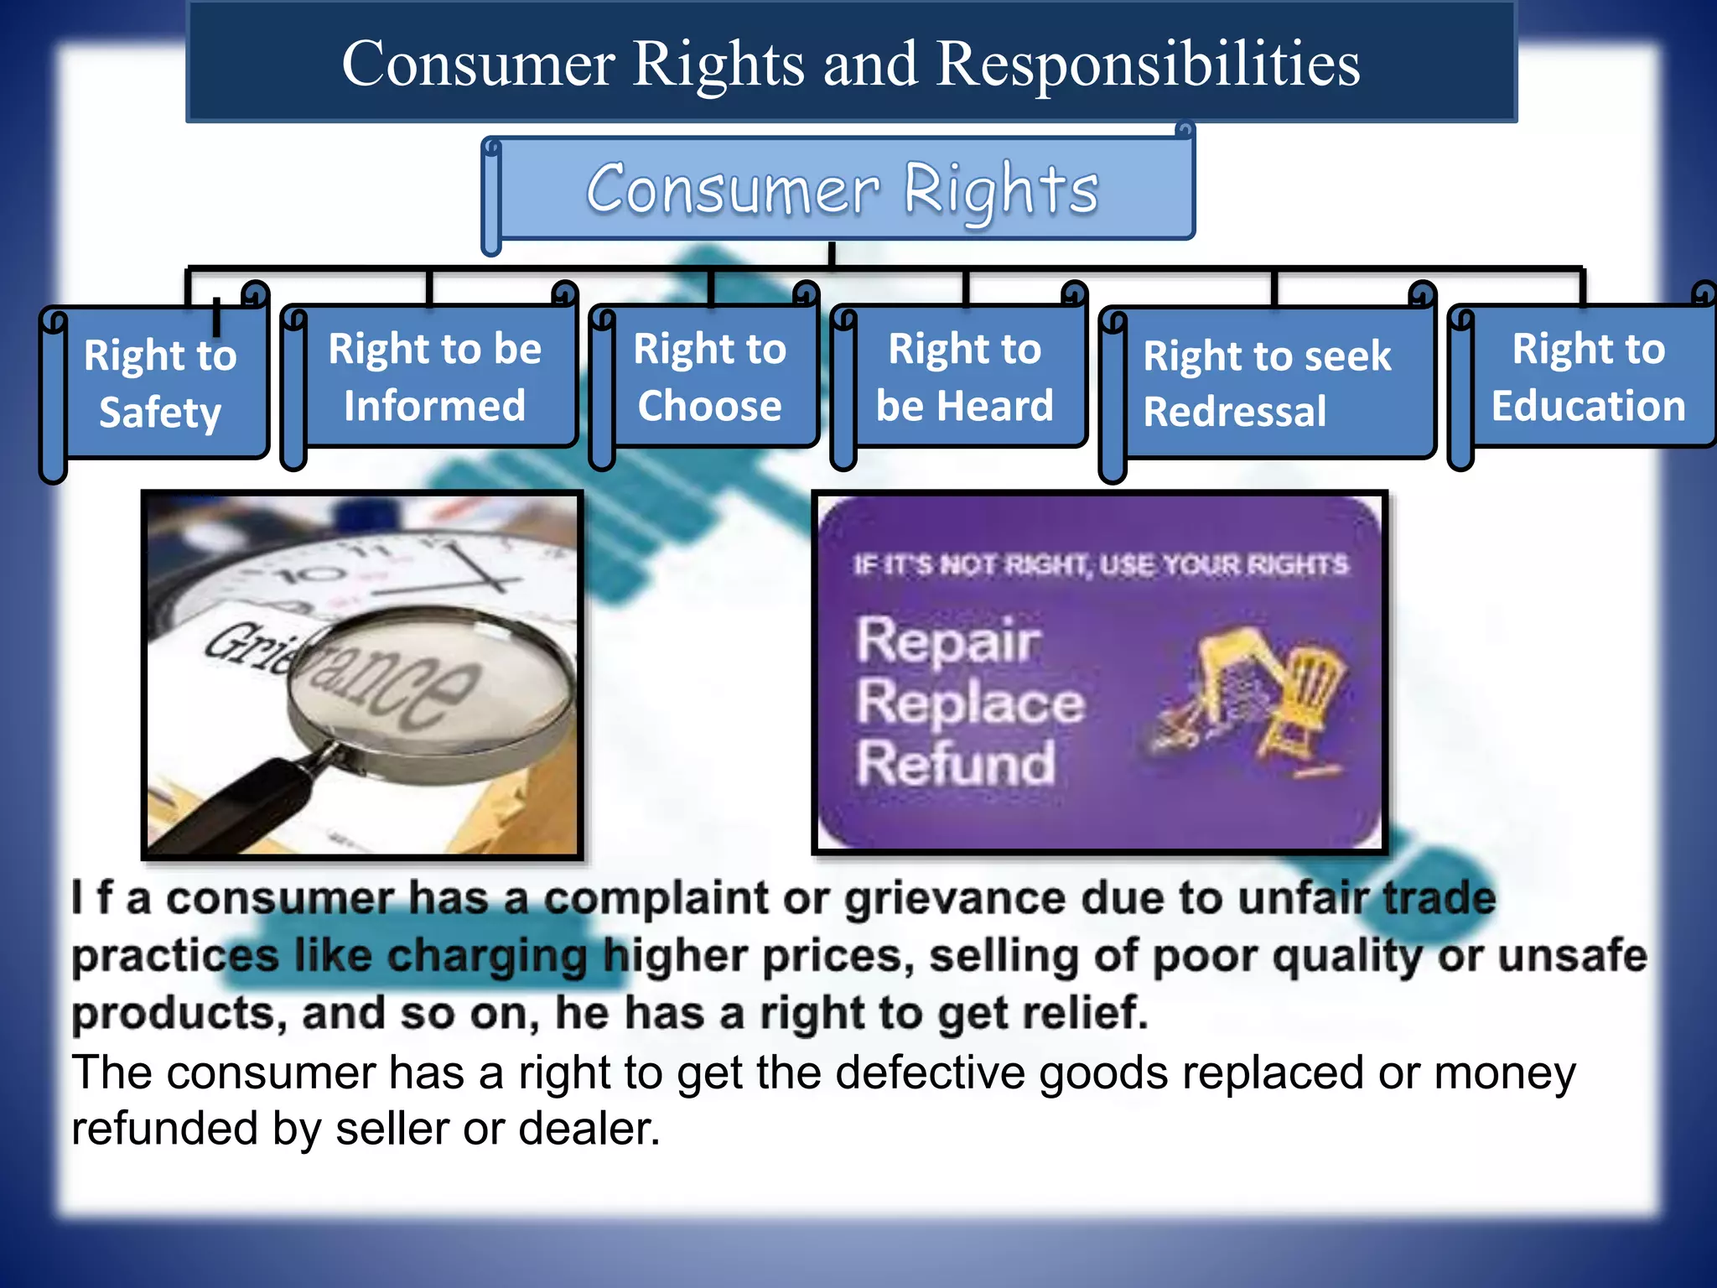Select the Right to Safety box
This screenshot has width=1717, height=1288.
pyautogui.click(x=160, y=383)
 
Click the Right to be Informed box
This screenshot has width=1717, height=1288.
pyautogui.click(x=434, y=377)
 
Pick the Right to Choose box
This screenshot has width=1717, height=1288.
pyautogui.click(x=709, y=377)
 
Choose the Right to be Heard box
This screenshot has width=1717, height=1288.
pyautogui.click(x=964, y=377)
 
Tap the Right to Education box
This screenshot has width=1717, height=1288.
pyautogui.click(x=1588, y=377)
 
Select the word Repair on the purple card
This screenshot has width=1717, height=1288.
pyautogui.click(x=947, y=641)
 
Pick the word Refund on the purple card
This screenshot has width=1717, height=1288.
pyautogui.click(x=955, y=763)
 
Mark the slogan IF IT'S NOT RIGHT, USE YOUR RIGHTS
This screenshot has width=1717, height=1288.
pyautogui.click(x=1100, y=565)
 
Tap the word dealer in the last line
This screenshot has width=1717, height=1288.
pyautogui.click(x=589, y=1129)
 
